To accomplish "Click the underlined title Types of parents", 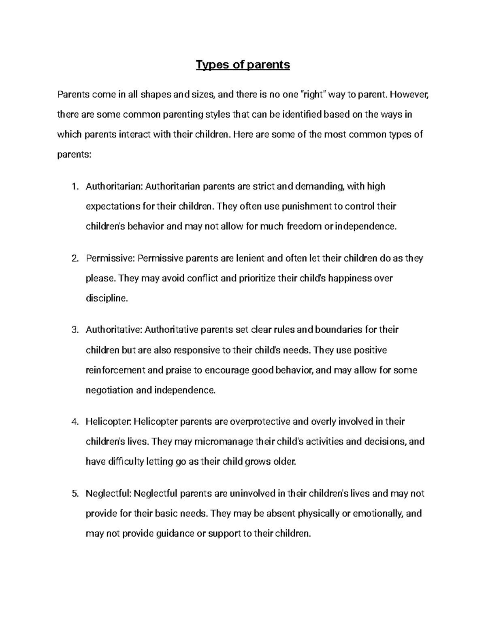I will [243, 65].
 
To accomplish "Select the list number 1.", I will [74, 186].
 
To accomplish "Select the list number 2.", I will [74, 258].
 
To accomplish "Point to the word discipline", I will [107, 299].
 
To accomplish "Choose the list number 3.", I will [74, 330].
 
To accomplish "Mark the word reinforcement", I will [115, 370].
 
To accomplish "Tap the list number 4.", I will [74, 422].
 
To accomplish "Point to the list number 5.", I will [74, 494].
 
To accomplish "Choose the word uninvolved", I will [252, 494].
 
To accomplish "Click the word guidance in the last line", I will [175, 534].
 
